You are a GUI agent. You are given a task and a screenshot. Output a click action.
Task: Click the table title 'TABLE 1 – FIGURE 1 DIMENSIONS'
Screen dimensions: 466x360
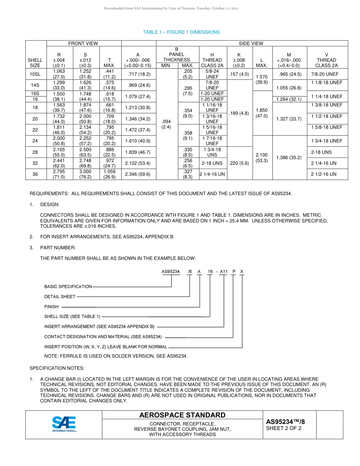pos(181,32)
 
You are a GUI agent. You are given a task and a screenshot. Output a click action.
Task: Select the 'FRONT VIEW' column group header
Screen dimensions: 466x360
pos(83,44)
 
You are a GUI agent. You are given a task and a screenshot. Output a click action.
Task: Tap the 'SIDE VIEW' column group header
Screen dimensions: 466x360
pos(251,44)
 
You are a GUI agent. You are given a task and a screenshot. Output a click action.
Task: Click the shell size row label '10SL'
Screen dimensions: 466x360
pos(35,74)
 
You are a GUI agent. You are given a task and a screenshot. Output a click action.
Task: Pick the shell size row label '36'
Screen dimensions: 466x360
pos(35,174)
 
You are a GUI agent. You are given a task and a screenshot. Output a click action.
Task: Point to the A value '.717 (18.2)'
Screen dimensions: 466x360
pos(138,74)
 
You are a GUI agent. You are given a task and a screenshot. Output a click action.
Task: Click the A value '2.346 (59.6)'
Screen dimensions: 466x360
pos(138,174)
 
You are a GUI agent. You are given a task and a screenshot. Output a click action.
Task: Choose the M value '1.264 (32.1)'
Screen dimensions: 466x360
pos(289,99)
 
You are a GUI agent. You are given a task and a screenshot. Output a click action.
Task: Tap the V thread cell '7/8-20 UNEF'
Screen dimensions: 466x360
pos(327,74)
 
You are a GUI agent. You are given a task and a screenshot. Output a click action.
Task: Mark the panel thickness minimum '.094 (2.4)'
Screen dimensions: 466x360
pos(166,124)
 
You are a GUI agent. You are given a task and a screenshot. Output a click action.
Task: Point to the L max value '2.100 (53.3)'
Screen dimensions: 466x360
pos(262,158)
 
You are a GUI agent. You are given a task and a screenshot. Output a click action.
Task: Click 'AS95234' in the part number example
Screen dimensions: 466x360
pos(171,271)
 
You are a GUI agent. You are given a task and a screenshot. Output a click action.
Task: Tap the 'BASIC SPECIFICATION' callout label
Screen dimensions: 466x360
pos(68,286)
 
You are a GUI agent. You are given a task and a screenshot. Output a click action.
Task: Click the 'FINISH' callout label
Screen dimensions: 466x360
pos(52,307)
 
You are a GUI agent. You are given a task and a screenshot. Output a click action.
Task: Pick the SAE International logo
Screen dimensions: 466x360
pos(64,424)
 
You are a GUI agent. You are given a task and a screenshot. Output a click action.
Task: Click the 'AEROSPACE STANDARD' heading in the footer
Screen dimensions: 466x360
pos(182,415)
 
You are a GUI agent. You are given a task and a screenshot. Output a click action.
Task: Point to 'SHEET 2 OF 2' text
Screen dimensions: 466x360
pos(284,428)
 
